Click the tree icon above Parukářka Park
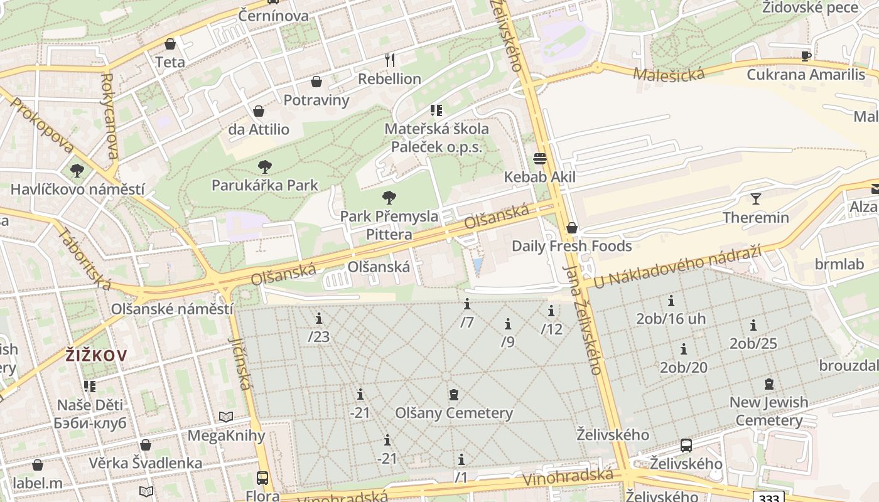tap(265, 167)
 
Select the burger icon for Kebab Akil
tap(540, 158)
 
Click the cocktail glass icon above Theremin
tap(755, 199)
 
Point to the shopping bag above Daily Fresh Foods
tap(571, 228)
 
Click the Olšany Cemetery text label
tap(454, 413)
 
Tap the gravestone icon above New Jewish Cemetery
tap(768, 384)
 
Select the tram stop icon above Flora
tap(262, 478)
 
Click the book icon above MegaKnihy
tap(226, 417)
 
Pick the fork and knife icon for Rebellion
tap(390, 60)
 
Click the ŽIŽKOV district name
tap(96, 356)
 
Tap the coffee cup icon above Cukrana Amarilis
tap(806, 56)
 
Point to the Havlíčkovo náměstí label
tap(77, 189)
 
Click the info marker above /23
tap(319, 318)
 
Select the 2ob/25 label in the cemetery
tap(753, 343)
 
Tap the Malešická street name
tap(669, 74)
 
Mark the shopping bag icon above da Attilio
tap(259, 112)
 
